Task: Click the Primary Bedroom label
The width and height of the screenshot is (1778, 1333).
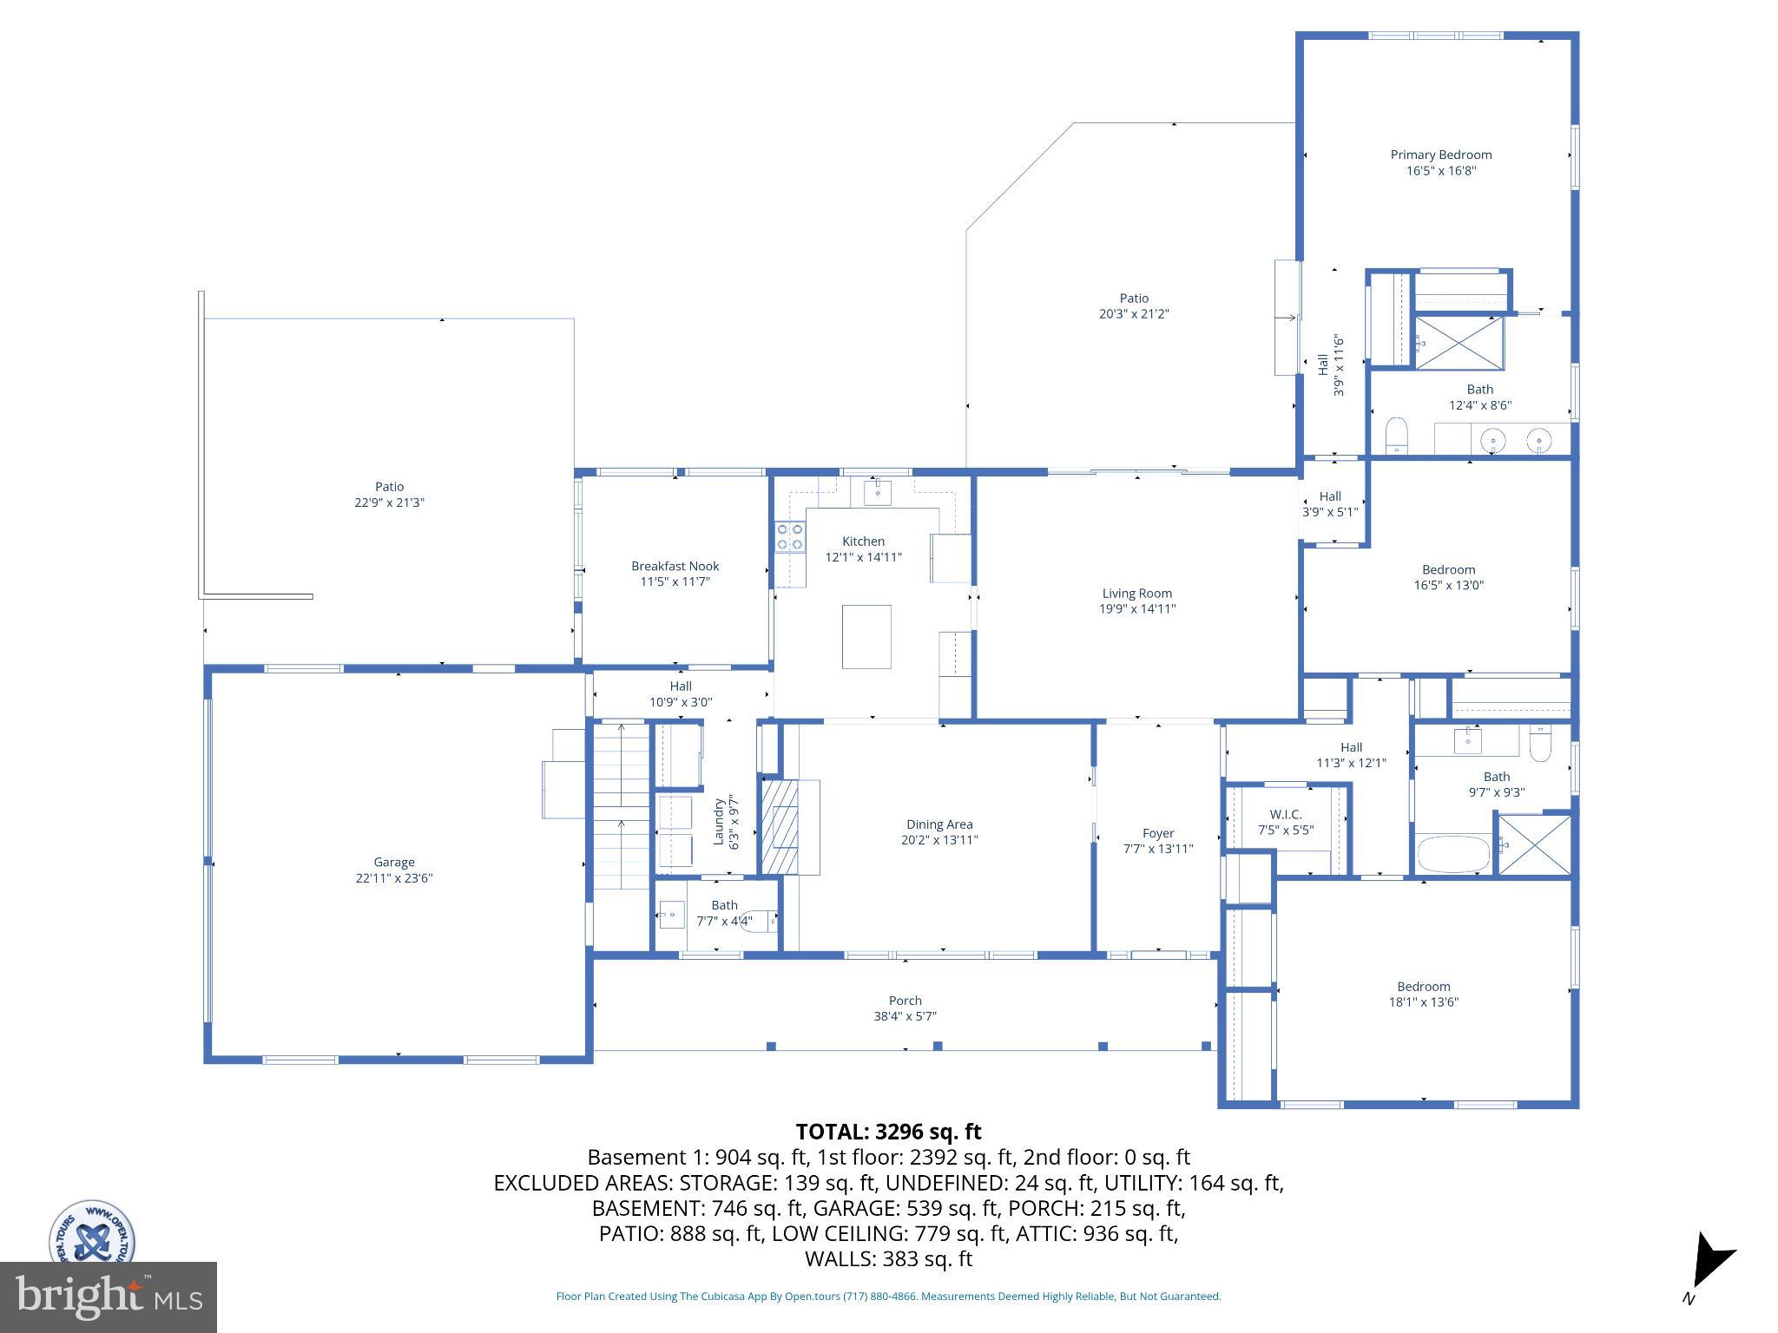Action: point(1440,155)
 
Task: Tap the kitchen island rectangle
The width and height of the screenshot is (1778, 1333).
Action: point(866,636)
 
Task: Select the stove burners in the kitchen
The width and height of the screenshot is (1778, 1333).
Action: point(789,536)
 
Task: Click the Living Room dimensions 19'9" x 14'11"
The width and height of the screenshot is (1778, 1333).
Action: point(1136,609)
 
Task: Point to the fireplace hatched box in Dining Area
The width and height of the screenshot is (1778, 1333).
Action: point(780,826)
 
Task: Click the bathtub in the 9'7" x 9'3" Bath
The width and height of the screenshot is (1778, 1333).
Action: point(1453,854)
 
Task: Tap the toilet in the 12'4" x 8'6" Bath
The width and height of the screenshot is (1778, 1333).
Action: point(1396,434)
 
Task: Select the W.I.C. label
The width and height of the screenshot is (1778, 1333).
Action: point(1285,814)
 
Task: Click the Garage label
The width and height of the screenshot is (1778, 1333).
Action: point(394,862)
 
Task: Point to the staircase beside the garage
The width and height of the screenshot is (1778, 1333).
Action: point(621,805)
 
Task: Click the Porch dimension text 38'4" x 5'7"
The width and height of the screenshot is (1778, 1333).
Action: point(905,1016)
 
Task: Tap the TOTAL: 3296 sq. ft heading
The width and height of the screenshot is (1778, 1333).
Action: point(888,1132)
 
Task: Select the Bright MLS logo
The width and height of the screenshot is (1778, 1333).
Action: point(108,1297)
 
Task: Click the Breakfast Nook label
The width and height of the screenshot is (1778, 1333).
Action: point(675,566)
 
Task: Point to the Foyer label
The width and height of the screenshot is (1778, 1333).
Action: point(1157,833)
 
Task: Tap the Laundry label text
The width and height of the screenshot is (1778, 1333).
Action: point(718,821)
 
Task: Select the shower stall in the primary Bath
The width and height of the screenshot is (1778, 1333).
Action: point(1459,343)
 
